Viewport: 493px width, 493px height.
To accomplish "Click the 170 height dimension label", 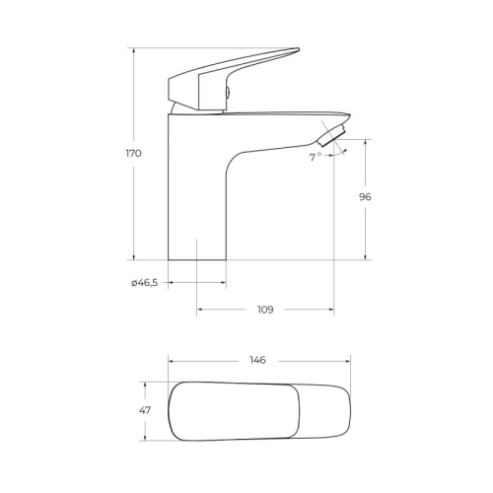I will (134, 154).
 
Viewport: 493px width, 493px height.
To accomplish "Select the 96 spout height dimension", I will (365, 197).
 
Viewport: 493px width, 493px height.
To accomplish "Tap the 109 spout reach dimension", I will (265, 310).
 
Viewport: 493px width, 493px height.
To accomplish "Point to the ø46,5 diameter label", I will (144, 283).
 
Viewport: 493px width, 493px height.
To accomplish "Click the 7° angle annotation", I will (316, 157).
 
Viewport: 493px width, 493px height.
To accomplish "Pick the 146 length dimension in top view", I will (258, 360).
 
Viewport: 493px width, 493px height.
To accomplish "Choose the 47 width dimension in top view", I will (145, 411).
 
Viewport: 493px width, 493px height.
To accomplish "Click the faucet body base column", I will (197, 197).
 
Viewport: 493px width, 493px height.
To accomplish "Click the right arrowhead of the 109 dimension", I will (330, 310).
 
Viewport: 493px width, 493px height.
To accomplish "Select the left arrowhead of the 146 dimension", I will (172, 360).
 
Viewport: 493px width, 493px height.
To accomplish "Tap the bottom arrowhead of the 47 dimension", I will (145, 437).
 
